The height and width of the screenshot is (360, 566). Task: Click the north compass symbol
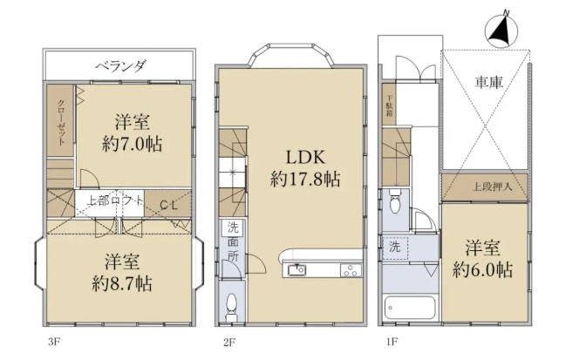pyautogui.click(x=501, y=30)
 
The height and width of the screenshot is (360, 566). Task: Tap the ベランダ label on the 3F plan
pyautogui.click(x=120, y=65)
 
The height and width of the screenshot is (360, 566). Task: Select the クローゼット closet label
pyautogui.click(x=61, y=122)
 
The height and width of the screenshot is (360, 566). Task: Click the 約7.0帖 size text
pyautogui.click(x=132, y=145)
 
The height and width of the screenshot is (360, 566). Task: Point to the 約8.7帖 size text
pyautogui.click(x=122, y=284)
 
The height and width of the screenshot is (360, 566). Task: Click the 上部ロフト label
pyautogui.click(x=114, y=201)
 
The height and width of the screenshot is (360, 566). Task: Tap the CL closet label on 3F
pyautogui.click(x=168, y=206)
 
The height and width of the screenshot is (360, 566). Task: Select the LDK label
pyautogui.click(x=305, y=157)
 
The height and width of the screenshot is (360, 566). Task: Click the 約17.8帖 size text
pyautogui.click(x=305, y=179)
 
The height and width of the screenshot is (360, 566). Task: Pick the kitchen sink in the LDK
pyautogui.click(x=297, y=270)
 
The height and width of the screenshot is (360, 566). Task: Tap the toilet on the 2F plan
pyautogui.click(x=231, y=307)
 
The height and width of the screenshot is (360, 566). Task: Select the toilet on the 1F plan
pyautogui.click(x=396, y=202)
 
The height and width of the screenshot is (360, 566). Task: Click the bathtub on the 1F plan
pyautogui.click(x=410, y=308)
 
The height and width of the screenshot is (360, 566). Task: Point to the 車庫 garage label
pyautogui.click(x=488, y=84)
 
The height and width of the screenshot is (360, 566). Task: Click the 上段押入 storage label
pyautogui.click(x=493, y=187)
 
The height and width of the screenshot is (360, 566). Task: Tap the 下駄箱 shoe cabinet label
pyautogui.click(x=390, y=106)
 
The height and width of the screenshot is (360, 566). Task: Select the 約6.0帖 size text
pyautogui.click(x=482, y=270)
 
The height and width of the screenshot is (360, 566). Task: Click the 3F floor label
pyautogui.click(x=53, y=342)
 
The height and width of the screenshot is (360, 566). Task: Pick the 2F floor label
pyautogui.click(x=229, y=342)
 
